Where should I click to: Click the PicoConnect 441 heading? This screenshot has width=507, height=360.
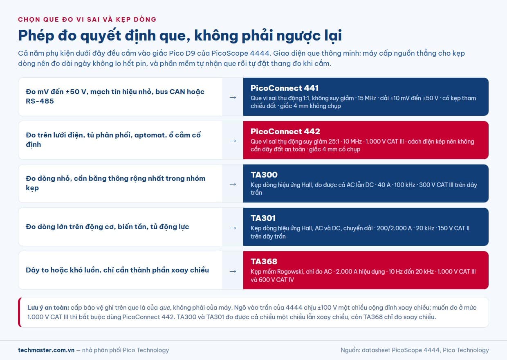[x=285, y=88]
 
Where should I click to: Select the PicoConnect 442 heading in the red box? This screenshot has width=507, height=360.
[x=285, y=132]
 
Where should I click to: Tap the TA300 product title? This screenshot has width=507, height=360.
[x=264, y=175]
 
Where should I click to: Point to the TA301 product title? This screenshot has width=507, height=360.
[x=263, y=218]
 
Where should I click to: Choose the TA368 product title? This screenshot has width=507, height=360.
[x=264, y=261]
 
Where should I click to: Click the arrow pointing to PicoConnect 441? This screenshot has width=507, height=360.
[x=233, y=98]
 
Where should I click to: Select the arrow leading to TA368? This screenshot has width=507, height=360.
[x=233, y=271]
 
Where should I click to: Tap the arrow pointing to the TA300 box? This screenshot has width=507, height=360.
[x=233, y=184]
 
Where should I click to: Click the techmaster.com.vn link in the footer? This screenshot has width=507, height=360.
[x=46, y=350]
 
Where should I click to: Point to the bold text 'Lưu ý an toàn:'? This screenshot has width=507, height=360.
[x=48, y=308]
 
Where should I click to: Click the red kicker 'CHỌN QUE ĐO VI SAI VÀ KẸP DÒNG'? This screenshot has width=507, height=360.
[x=87, y=20]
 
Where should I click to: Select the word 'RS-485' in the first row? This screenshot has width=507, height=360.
[x=40, y=101]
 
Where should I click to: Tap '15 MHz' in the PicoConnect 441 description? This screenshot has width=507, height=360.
[x=367, y=98]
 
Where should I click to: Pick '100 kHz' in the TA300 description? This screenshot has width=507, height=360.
[x=405, y=185]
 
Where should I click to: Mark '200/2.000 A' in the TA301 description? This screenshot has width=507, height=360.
[x=394, y=228]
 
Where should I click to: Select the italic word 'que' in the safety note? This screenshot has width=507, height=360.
[x=164, y=308]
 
